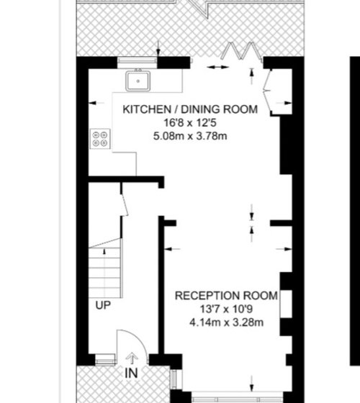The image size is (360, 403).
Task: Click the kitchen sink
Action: coord(138,81)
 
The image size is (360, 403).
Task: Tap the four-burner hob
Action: coord(100,139)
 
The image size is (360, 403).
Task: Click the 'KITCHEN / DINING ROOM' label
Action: coord(190,109)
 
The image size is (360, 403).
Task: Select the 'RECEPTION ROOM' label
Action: coord(226,296)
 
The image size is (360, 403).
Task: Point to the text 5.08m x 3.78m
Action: coord(190,136)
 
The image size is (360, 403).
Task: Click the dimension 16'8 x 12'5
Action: coord(190,122)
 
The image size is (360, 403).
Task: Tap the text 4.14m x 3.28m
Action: coord(226,322)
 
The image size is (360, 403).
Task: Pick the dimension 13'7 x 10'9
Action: coord(226,309)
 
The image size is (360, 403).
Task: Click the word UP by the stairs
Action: coord(103,305)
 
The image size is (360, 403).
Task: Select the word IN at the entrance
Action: coord(131,373)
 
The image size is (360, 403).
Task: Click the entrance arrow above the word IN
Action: coord(132,358)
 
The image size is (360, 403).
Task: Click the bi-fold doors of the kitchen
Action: coord(242,51)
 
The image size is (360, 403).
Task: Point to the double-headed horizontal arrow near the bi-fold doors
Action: coord(217,68)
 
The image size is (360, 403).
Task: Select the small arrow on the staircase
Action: coord(104,251)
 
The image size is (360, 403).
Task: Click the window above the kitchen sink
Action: coord(138,60)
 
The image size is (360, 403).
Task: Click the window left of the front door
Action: coord(105,359)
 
